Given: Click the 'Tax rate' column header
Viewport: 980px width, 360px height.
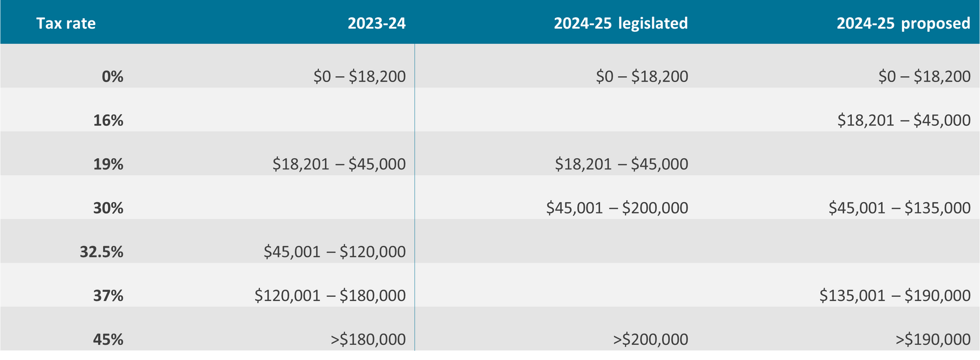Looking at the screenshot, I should [66, 23].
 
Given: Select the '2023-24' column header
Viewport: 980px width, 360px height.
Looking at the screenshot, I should [377, 23].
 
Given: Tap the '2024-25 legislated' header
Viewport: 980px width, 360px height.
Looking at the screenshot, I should [621, 23].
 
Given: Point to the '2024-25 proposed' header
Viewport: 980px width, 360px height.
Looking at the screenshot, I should [903, 23].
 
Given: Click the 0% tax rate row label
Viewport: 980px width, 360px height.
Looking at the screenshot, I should [112, 77].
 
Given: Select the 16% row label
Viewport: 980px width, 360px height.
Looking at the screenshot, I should [108, 121].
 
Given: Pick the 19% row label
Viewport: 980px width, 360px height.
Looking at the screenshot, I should [108, 164].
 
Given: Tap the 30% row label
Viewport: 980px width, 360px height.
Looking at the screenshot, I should [108, 208].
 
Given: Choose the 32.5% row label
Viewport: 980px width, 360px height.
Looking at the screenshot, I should [102, 252].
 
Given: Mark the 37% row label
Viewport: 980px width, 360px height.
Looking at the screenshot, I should [108, 296].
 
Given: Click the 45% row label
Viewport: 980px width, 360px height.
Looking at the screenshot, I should [108, 340].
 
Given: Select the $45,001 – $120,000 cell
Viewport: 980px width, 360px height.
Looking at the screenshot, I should [334, 252].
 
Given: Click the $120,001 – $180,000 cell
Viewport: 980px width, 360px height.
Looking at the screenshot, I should [330, 296].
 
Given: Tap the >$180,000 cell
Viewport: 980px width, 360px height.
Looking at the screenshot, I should [368, 340].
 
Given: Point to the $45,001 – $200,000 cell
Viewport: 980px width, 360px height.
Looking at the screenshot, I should [617, 208].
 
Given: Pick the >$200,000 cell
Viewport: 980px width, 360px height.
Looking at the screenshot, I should [650, 340].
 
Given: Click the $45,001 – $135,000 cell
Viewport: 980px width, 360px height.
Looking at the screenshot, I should [899, 208].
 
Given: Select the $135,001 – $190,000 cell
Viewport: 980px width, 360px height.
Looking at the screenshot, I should [895, 296].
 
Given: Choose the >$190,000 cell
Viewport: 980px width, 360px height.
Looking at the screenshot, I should [933, 340].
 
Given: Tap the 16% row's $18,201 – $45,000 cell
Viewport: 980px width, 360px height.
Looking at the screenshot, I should [904, 121].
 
